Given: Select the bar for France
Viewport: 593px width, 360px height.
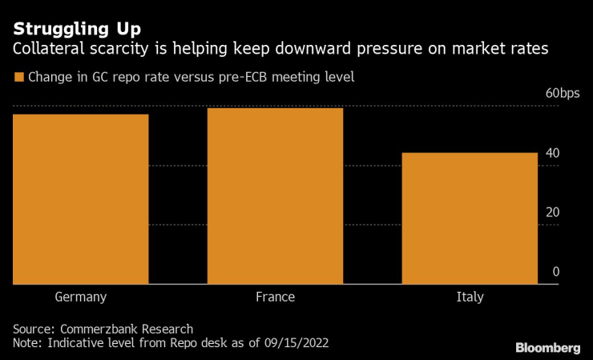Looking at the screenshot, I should pyautogui.click(x=275, y=196).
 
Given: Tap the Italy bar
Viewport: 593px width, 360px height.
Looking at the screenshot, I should pyautogui.click(x=470, y=218).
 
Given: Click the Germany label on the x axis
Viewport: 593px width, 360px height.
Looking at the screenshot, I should pyautogui.click(x=81, y=297).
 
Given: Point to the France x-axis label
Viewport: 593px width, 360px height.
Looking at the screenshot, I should pyautogui.click(x=275, y=297).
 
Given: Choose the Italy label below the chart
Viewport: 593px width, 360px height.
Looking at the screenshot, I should pyautogui.click(x=470, y=297).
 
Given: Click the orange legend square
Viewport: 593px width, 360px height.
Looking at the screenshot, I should pyautogui.click(x=18, y=78).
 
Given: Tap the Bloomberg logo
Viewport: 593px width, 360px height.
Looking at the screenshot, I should pyautogui.click(x=547, y=347).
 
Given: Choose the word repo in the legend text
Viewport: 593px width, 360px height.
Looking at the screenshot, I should pyautogui.click(x=107, y=78).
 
